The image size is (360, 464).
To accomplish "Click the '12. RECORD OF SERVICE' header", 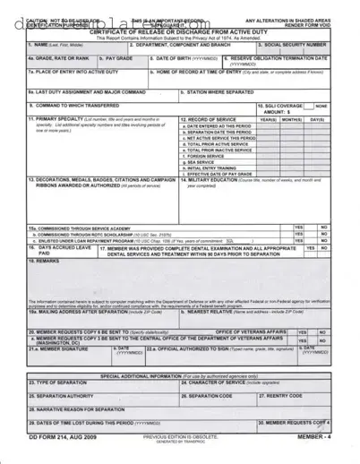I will coord(208,119).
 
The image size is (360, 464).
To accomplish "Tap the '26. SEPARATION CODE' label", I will coord(210,395).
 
